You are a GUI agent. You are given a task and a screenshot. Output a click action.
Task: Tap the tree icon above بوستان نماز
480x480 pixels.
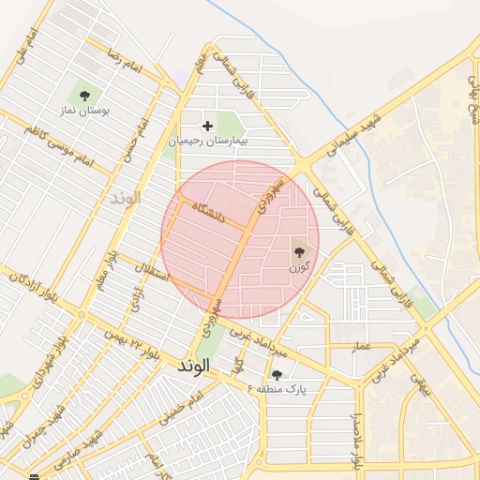click(x=85, y=95)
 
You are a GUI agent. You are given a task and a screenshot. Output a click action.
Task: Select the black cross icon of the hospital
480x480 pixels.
click(x=208, y=126)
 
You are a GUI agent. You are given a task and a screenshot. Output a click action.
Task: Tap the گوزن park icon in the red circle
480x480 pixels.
click(x=300, y=250)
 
